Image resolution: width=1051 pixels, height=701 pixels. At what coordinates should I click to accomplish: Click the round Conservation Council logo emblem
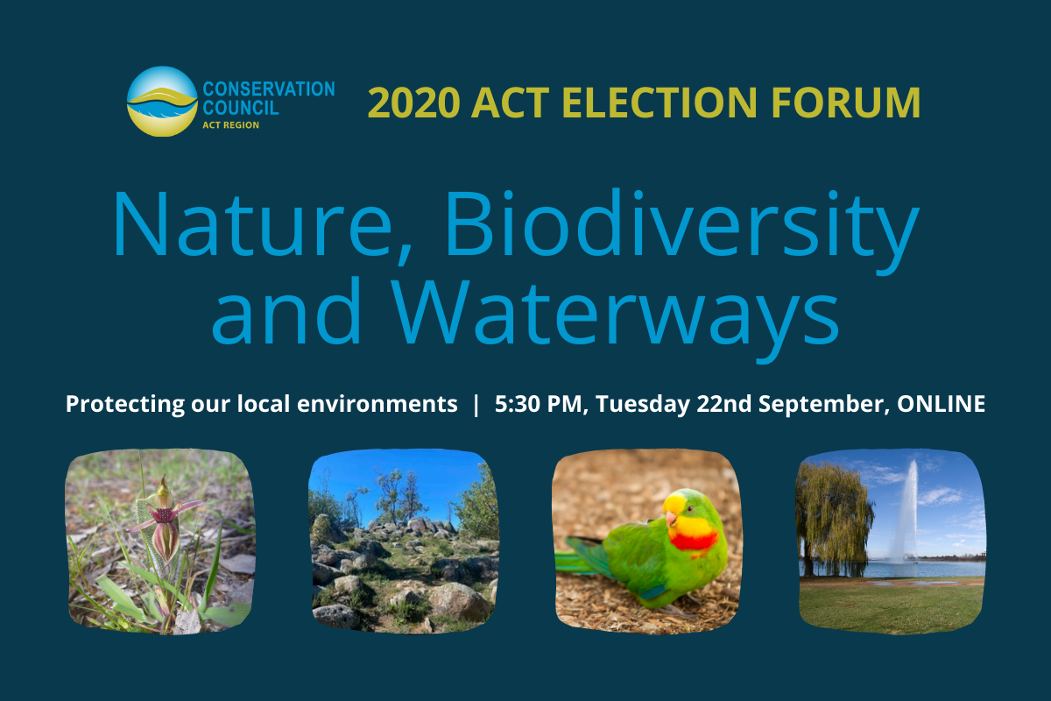(162, 102)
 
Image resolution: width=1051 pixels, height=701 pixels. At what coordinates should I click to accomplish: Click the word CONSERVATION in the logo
(269, 89)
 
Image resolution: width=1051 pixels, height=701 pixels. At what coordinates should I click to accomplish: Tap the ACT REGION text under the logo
(231, 125)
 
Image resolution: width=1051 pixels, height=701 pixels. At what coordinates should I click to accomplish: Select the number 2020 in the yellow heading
(413, 103)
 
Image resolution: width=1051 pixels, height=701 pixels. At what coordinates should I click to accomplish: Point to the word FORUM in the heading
(846, 103)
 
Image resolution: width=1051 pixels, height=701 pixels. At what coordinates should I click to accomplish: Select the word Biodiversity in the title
(682, 230)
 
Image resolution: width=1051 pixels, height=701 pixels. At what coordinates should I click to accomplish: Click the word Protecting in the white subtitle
(125, 404)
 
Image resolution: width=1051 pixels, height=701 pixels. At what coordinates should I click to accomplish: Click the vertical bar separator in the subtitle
(476, 405)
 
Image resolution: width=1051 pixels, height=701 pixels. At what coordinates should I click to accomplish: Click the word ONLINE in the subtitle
(942, 404)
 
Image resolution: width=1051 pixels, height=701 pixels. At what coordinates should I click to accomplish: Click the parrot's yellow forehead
(674, 503)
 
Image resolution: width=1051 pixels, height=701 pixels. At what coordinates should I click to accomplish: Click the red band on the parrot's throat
(694, 542)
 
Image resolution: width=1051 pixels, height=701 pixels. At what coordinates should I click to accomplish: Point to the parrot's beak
(671, 519)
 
